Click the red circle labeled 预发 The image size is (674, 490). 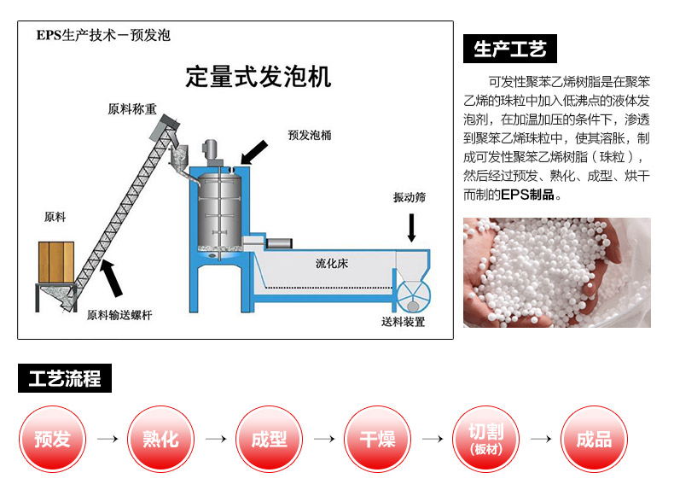53,439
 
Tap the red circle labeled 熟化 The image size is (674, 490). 161,439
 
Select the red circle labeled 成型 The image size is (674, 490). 270,439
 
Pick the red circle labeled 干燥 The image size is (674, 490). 377,439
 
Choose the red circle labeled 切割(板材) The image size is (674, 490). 485,439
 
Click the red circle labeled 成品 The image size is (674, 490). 594,439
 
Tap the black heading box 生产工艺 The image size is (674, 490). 509,50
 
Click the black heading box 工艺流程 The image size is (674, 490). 65,379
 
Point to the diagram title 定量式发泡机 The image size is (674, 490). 258,77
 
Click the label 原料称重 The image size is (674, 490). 132,110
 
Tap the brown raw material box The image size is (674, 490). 57,261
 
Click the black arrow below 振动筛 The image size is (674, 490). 411,225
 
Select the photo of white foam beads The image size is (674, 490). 556,272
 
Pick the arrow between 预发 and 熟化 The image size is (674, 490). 107,439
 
